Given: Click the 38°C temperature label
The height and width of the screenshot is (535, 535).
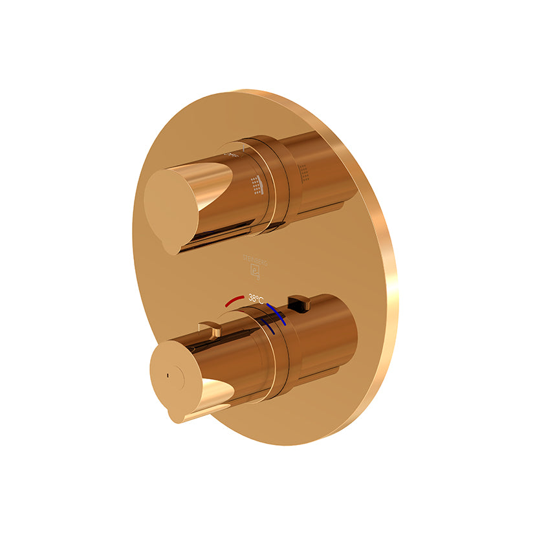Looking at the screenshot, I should [256, 299].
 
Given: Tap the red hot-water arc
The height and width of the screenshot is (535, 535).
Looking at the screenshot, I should [234, 300].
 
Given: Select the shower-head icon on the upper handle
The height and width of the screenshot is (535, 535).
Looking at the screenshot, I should [259, 186].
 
